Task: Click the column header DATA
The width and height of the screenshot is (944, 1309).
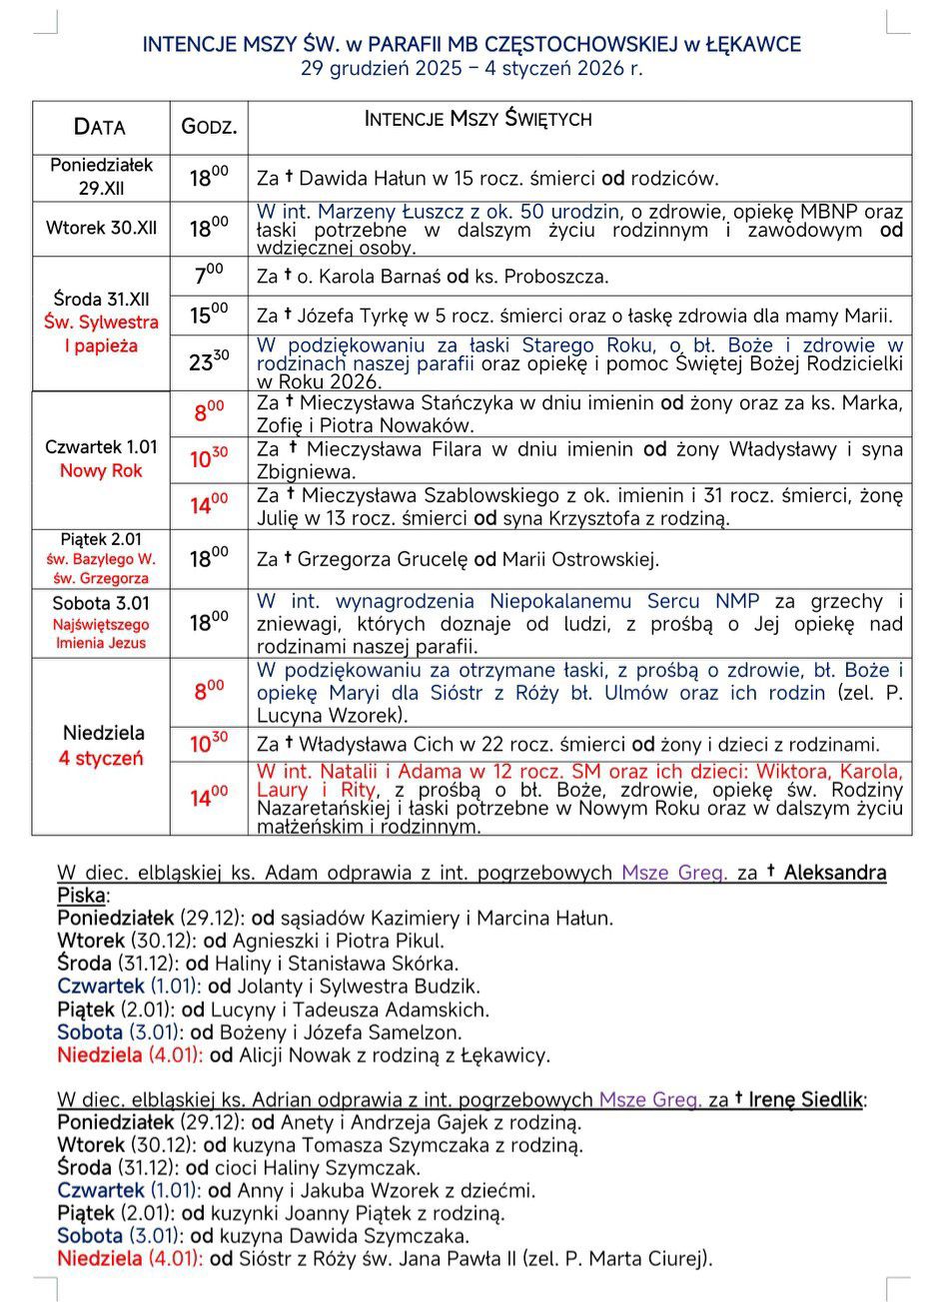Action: [x=100, y=127]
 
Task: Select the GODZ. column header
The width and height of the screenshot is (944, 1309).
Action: [x=209, y=127]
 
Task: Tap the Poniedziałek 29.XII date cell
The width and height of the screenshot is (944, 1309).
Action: [x=101, y=177]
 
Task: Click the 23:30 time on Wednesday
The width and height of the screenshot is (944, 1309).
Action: [x=208, y=361]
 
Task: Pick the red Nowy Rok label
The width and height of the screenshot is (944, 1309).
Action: [x=101, y=470]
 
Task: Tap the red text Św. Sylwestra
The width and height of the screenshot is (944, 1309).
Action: [x=101, y=323]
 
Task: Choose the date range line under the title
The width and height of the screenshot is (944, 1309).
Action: [x=472, y=69]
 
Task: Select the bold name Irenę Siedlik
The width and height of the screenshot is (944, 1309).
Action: [x=805, y=1099]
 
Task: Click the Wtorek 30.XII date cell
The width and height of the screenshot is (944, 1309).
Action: [x=101, y=228]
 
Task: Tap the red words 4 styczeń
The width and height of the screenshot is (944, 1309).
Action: [x=101, y=758]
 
